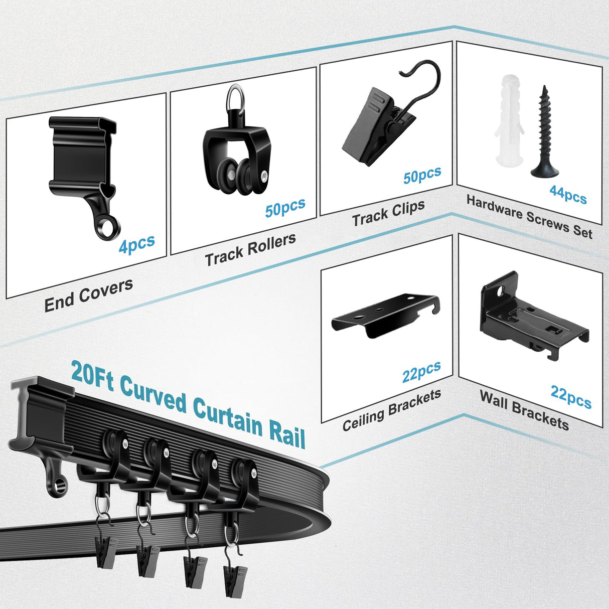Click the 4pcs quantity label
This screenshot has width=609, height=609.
coord(136,244)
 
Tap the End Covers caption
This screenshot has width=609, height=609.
coord(89,295)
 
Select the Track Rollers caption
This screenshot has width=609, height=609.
coord(250,249)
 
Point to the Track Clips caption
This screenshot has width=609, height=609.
coord(388,213)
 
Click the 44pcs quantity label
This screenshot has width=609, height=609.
coord(568,194)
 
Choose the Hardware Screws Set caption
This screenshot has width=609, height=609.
coord(529,216)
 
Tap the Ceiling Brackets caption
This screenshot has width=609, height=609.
coord(392,410)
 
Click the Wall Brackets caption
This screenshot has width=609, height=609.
coord(524,410)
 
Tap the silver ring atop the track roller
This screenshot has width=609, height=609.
coord(235,97)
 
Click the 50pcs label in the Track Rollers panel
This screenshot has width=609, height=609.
coord(285,207)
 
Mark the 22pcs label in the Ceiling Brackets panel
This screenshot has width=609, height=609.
coord(421,371)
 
